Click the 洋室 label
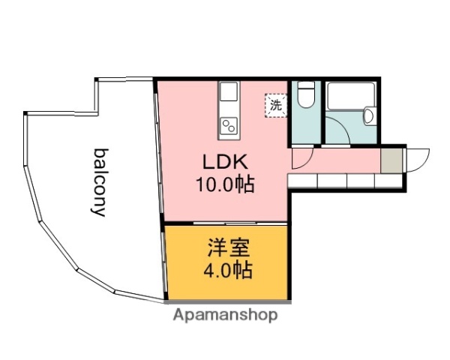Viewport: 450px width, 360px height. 226,248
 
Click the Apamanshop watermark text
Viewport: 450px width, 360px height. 225,315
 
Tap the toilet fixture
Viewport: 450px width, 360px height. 305,97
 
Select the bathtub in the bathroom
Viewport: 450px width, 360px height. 349,96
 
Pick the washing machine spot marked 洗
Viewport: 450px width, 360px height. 275,106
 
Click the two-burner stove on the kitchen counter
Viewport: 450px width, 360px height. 229,125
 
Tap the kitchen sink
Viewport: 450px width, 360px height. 229,93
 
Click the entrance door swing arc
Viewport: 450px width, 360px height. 418,158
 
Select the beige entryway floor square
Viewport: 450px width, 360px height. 391,160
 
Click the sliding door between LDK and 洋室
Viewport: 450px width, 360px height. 225,223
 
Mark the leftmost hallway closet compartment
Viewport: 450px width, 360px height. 302,181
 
